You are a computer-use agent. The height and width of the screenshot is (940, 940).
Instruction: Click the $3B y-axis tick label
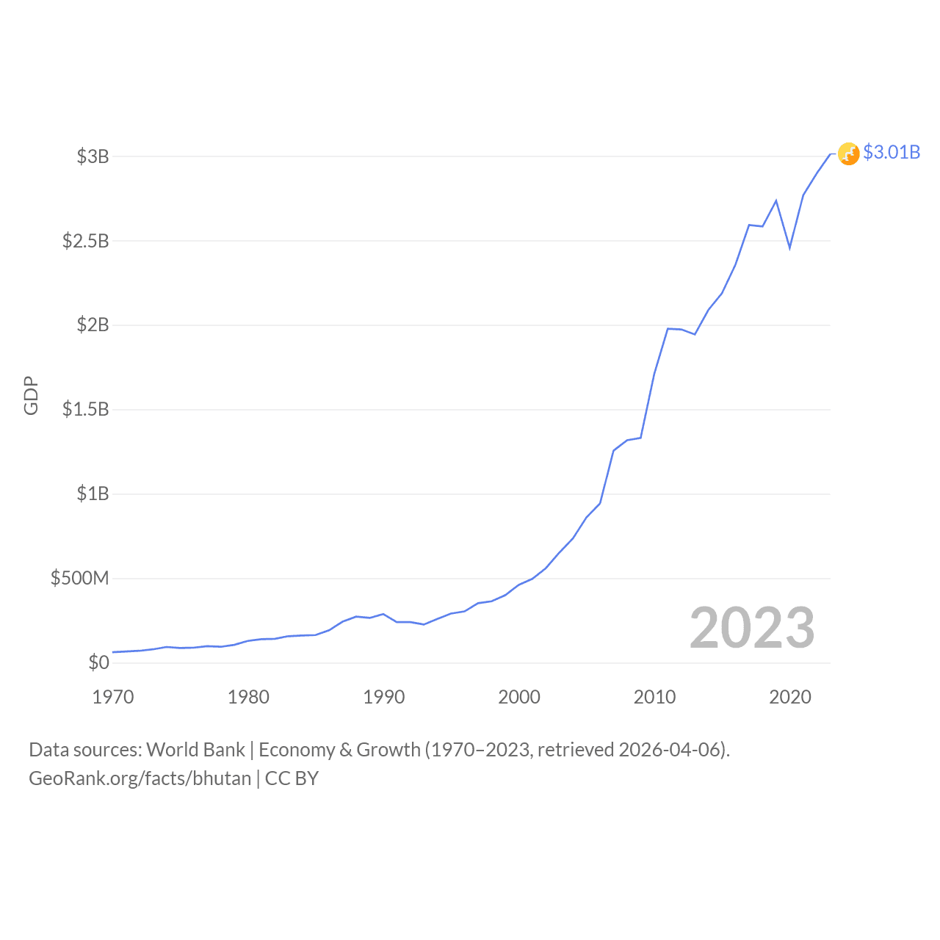click(x=93, y=156)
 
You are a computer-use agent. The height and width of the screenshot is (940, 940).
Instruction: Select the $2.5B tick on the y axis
click(x=85, y=241)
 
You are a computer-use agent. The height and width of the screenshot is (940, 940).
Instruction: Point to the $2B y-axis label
click(x=93, y=325)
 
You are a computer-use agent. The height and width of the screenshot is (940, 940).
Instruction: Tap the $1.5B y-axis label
click(x=85, y=409)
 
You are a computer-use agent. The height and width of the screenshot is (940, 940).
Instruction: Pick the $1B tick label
click(x=93, y=493)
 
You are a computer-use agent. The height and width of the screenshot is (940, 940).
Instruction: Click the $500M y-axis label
click(x=79, y=578)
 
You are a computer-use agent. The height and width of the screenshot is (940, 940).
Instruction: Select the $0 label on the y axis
click(x=98, y=662)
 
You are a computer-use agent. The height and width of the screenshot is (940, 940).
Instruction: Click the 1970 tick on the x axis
click(x=113, y=697)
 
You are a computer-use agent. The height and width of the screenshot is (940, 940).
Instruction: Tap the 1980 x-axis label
click(x=248, y=697)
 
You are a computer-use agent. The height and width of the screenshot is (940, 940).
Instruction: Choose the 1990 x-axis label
click(x=384, y=697)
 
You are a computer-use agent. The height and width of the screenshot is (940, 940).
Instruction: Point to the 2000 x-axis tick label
click(x=519, y=697)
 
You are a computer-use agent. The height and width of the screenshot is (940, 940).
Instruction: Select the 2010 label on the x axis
click(x=654, y=697)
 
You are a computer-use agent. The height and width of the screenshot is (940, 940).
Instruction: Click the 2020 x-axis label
click(x=790, y=697)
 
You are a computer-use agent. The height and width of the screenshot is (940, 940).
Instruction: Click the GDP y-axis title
click(x=31, y=396)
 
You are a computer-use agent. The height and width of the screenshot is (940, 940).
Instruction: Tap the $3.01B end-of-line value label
click(x=892, y=152)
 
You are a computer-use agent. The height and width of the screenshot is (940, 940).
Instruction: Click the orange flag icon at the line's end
click(x=848, y=153)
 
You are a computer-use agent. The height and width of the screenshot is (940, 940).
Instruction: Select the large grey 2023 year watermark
click(x=752, y=628)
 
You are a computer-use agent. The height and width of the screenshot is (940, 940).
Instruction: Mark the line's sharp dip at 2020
click(x=790, y=248)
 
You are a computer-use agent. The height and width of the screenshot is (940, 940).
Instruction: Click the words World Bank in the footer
click(x=195, y=750)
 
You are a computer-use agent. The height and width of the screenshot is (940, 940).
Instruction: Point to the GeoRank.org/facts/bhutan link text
click(x=140, y=778)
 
